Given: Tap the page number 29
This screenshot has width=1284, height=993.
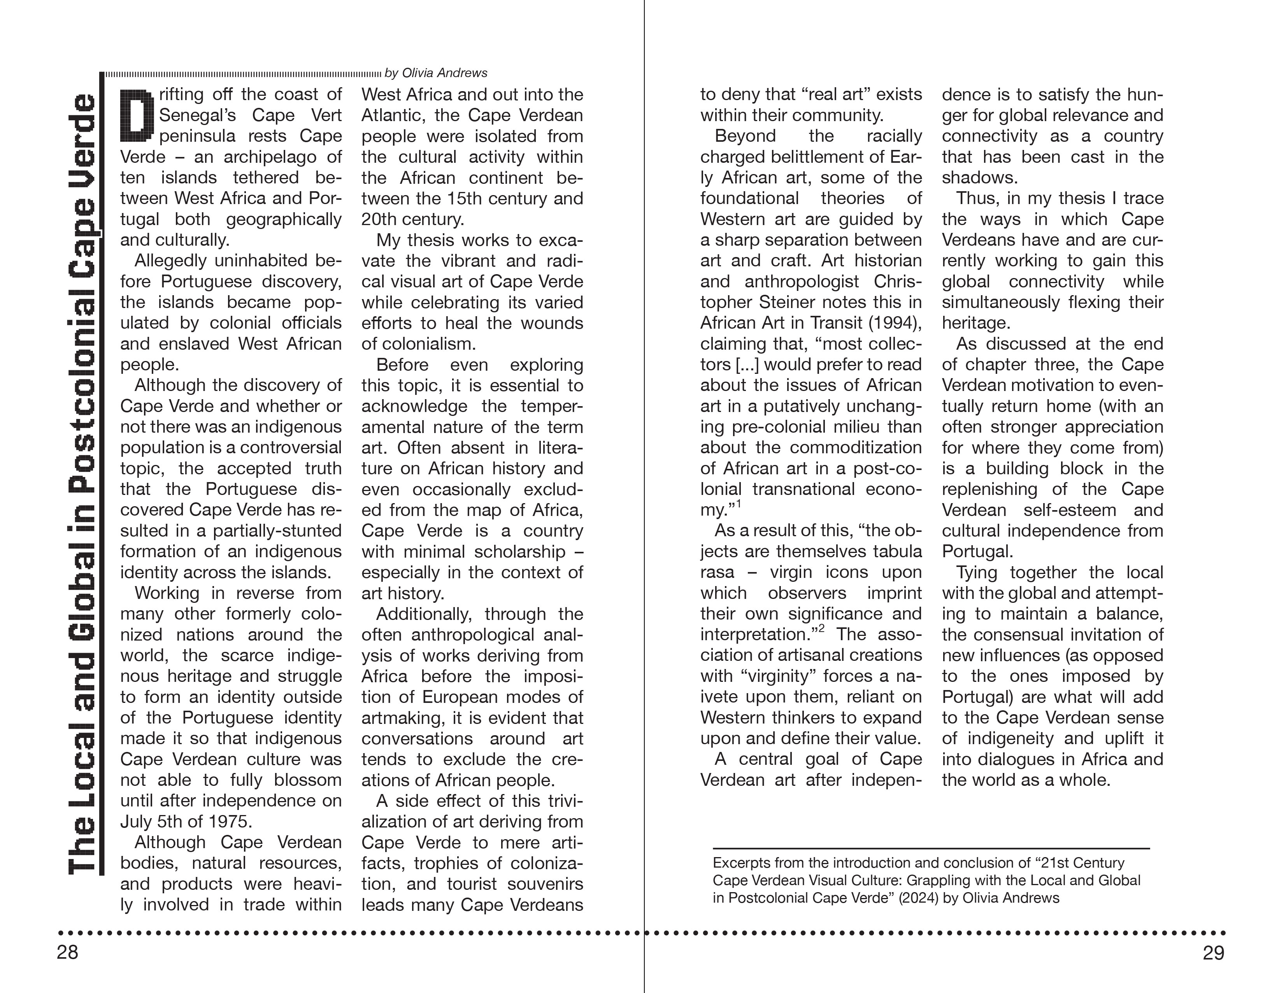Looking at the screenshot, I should click(1213, 953).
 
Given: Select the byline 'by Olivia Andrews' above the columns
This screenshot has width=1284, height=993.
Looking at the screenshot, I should click(436, 73).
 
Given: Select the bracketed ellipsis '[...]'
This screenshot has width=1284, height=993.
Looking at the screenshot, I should click(747, 365).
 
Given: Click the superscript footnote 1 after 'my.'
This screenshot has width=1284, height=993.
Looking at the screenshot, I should click(739, 504).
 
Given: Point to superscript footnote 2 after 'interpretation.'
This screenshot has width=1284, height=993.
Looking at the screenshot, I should click(821, 629).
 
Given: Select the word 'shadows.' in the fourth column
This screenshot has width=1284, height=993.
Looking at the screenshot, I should click(979, 178).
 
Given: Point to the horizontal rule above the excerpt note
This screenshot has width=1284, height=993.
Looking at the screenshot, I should click(931, 848).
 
